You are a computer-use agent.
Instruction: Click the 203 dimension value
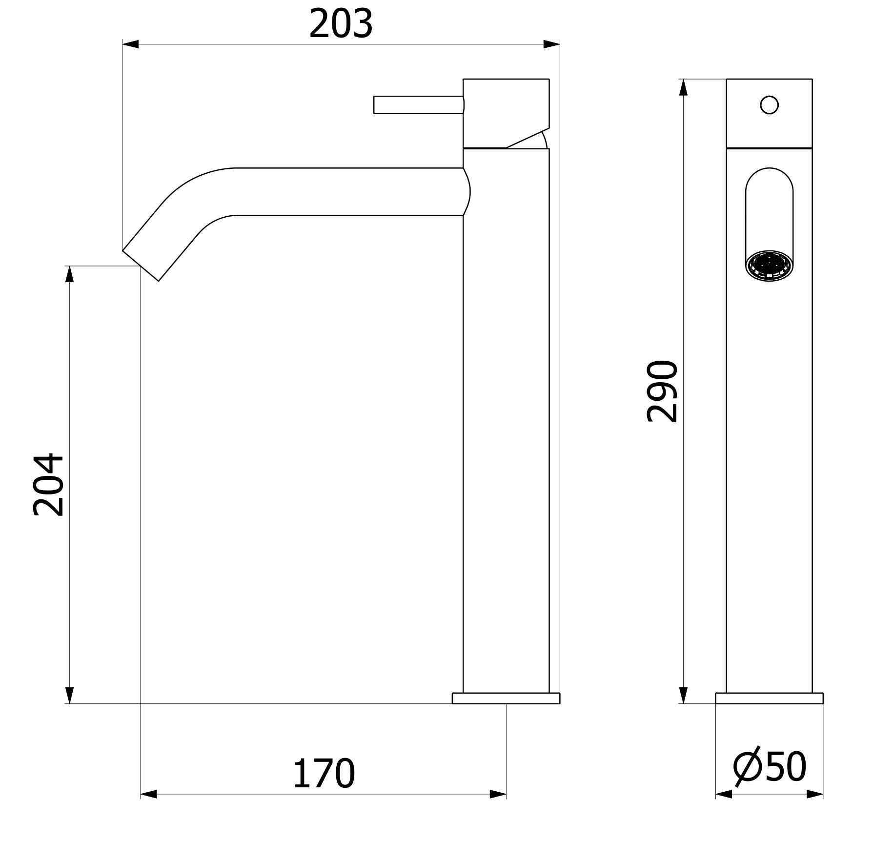coord(341,24)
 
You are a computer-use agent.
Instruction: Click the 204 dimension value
coord(48,485)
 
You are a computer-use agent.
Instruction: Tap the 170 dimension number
coord(323,774)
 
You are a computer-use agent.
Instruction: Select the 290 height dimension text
coord(662,391)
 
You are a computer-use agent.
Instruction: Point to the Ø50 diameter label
coord(770,766)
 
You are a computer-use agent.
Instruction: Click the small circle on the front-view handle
coord(769,105)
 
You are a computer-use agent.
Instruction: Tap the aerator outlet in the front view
coord(769,265)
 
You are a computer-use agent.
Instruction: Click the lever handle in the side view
coord(418,105)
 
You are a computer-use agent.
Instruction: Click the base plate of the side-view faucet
coord(506,698)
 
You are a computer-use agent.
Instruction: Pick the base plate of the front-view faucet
coord(769,698)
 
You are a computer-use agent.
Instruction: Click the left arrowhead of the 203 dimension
coord(130,44)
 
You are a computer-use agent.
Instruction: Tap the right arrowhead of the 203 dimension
coord(551,44)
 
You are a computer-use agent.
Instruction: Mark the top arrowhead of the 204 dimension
coord(69,274)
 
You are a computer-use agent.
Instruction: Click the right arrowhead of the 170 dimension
coord(498,794)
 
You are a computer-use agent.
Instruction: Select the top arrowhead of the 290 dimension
coord(683,88)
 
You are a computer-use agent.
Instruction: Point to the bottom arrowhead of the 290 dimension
coord(683,695)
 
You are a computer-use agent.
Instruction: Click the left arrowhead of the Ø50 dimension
coord(724,794)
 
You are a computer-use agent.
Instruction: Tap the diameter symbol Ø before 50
coord(747,766)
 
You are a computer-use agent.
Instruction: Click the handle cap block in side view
coord(506,112)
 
